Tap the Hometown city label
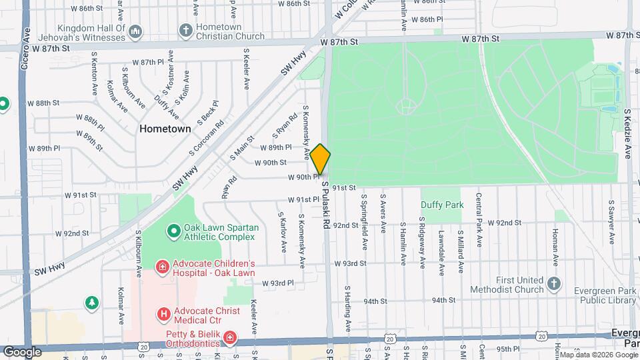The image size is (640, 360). coord(165,129)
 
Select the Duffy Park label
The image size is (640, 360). coord(441,205)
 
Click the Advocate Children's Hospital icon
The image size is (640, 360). coord(161,268)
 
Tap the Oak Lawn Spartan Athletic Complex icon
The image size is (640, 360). coord(173,231)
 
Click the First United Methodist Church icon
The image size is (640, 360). coord(553,284)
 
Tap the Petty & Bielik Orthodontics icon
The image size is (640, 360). coord(229,338)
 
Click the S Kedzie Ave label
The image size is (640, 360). coord(627,133)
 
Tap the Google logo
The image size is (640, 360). coord(22,351)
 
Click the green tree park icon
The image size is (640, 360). coord(91,303)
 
